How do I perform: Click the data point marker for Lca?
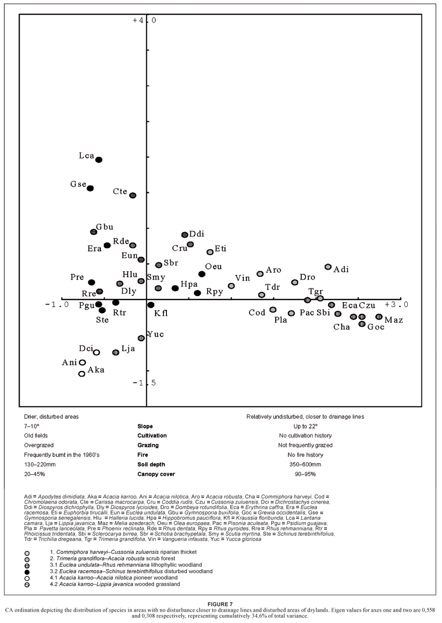click(99, 160)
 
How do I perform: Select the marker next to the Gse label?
click(90, 188)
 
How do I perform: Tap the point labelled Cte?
click(133, 195)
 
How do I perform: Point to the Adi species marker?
click(328, 267)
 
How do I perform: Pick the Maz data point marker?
click(379, 317)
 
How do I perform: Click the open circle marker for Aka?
click(82, 374)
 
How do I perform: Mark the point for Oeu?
click(202, 274)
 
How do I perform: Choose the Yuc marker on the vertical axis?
click(141, 338)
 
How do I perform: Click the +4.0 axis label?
click(144, 21)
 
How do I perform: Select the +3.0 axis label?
click(396, 305)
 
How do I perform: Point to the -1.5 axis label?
click(144, 383)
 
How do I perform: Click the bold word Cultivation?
click(152, 435)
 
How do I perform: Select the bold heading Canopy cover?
click(156, 474)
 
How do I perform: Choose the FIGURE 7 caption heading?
click(221, 604)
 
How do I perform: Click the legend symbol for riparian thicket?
click(27, 553)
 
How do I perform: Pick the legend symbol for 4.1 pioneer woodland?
click(27, 578)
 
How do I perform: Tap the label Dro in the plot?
click(307, 277)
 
